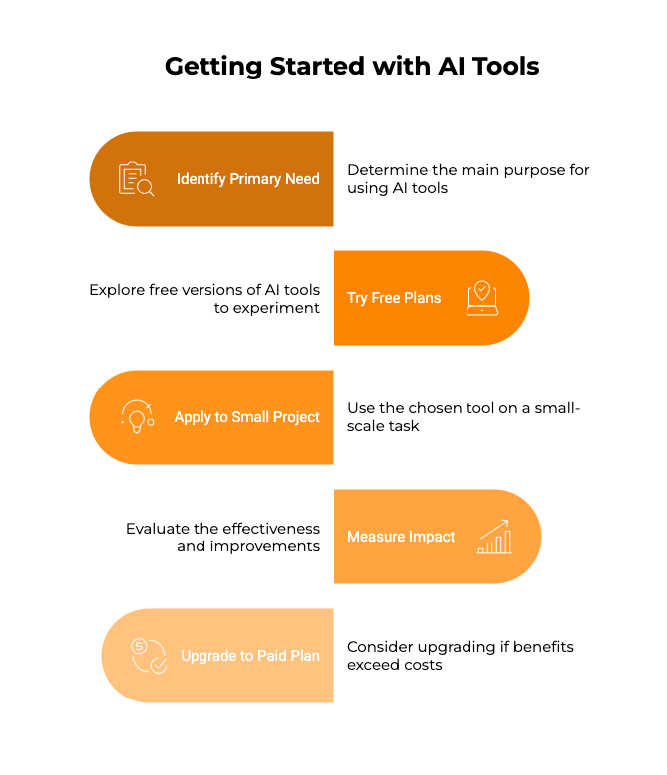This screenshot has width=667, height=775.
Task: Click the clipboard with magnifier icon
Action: [x=136, y=179]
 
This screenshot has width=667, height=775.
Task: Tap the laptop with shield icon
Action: [x=482, y=298]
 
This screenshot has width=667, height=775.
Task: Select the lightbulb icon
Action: [x=137, y=417]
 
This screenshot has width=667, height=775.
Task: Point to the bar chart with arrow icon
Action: [x=494, y=537]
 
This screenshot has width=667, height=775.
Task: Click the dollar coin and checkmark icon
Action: [x=149, y=656]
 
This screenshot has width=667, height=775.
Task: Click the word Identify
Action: [x=200, y=179]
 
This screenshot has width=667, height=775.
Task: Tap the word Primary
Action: [x=255, y=179]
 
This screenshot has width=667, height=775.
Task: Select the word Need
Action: [x=302, y=179]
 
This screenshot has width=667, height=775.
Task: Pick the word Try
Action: [x=357, y=298]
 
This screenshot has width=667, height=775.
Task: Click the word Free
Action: [x=385, y=298]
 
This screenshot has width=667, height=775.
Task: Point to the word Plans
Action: [x=423, y=298]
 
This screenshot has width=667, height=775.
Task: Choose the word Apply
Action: [x=194, y=417]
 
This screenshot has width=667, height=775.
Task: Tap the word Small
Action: [x=250, y=417]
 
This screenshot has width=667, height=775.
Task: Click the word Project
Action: [x=297, y=417]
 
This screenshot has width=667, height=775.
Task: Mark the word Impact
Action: [x=431, y=537]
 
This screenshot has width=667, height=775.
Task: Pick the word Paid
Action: [x=273, y=656]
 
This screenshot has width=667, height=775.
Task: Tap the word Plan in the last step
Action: [x=306, y=656]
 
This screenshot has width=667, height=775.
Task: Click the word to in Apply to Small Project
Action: [x=222, y=417]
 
